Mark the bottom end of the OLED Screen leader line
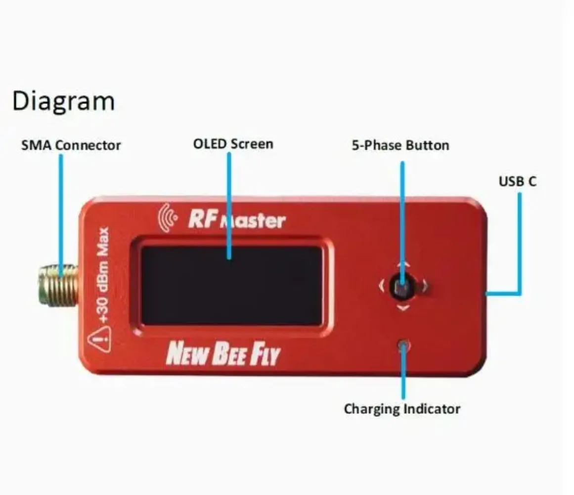click(x=229, y=258)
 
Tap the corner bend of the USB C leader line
click(x=520, y=293)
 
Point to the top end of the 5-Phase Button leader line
click(x=402, y=162)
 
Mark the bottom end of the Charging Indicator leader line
click(x=403, y=398)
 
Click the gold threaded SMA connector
click(x=58, y=286)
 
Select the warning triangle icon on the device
click(x=99, y=340)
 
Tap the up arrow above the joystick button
click(x=403, y=265)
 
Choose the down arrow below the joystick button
click(x=403, y=308)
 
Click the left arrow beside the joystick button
click(x=382, y=286)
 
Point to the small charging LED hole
click(x=403, y=345)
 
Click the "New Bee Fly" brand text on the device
click(x=223, y=353)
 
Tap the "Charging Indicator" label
click(x=402, y=409)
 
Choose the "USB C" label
click(x=517, y=181)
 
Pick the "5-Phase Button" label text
click(x=400, y=146)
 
